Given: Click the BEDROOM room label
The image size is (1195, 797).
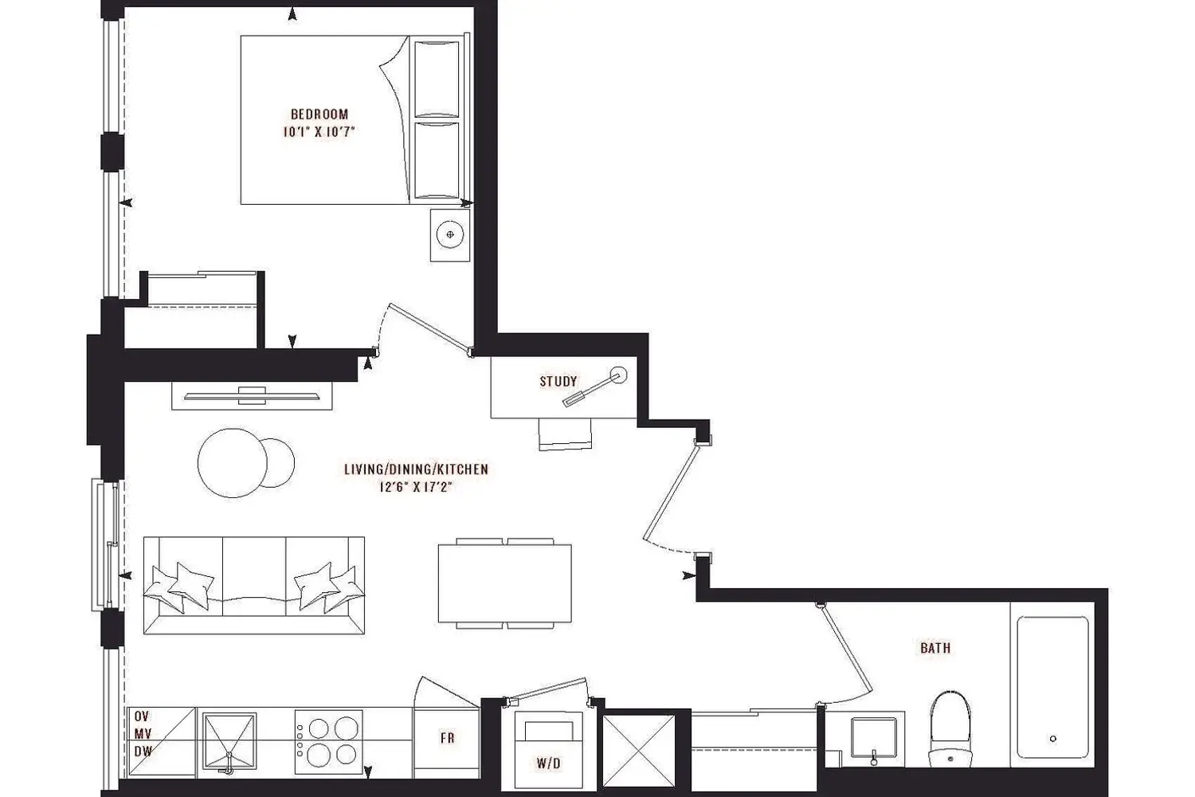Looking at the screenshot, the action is pos(319,114).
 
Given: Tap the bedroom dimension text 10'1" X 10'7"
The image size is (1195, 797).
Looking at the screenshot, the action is pos(319,132).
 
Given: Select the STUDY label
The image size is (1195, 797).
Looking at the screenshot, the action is pos(558,381).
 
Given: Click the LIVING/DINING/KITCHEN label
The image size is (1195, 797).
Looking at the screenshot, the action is pos(416,469).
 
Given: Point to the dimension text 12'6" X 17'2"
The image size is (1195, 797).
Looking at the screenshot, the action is pos(416,487).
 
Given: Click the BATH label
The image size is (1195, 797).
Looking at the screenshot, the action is pos(935,648).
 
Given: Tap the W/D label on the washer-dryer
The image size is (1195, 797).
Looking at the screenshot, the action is pos(548,764).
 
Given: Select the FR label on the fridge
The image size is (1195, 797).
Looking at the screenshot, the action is pos(447,738).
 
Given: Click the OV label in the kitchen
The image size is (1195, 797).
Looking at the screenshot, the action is pos(141,716).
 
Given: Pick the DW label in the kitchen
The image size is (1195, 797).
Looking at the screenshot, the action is pos(143,751).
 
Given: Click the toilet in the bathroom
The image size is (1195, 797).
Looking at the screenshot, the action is pos(950,728).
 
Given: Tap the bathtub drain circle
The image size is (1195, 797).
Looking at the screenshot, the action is pos(1052,739).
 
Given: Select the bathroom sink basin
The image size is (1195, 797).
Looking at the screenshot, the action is pos(873,737).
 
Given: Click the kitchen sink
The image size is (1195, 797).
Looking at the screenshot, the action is pos(229,741).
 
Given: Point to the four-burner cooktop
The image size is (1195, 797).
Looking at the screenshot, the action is pos(328,741).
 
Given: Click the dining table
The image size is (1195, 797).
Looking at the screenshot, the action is pos(504,583).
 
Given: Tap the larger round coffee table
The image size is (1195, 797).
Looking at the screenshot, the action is pos(232,463).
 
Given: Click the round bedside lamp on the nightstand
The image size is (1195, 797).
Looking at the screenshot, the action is pos(450,234).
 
